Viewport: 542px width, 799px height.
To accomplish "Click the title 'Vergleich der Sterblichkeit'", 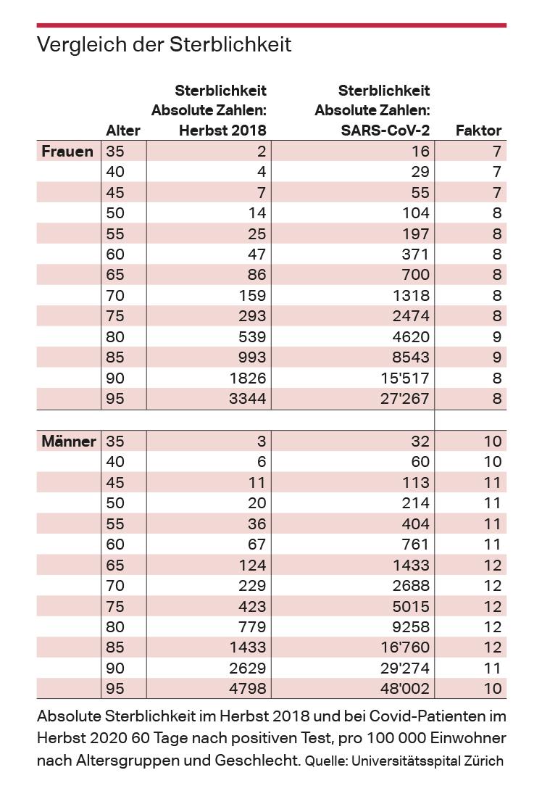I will pyautogui.click(x=164, y=45).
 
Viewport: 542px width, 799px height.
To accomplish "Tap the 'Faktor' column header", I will pyautogui.click(x=478, y=131).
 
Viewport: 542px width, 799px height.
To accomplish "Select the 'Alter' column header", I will pyautogui.click(x=123, y=131).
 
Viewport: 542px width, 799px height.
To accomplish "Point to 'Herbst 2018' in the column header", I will pyautogui.click(x=222, y=131).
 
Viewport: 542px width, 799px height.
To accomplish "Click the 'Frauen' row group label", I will pyautogui.click(x=67, y=152).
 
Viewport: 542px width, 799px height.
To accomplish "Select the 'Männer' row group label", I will pyautogui.click(x=69, y=442).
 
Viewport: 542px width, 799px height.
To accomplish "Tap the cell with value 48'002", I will pyautogui.click(x=401, y=688).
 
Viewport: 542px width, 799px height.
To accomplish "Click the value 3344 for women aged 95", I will pyautogui.click(x=246, y=399).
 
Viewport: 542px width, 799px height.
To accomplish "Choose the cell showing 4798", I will pyautogui.click(x=246, y=688).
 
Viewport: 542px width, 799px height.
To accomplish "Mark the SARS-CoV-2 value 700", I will pyautogui.click(x=414, y=275).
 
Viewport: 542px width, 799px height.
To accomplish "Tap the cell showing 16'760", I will pyautogui.click(x=401, y=647).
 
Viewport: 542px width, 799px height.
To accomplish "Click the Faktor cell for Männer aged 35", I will pyautogui.click(x=493, y=442).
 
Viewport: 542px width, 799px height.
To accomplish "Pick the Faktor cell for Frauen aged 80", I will pyautogui.click(x=497, y=336).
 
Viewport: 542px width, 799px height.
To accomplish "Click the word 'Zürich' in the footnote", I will pyautogui.click(x=483, y=761).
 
